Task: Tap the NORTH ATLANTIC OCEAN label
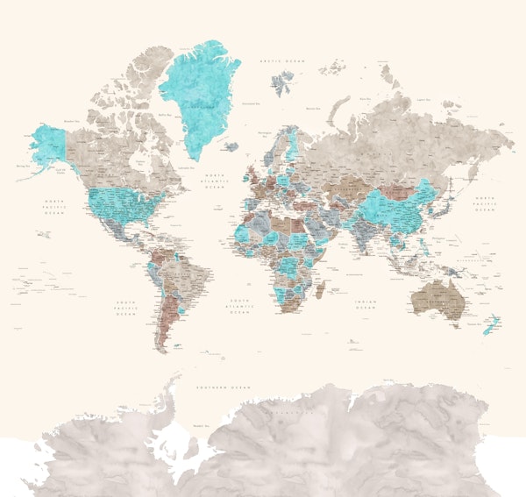click(215, 181)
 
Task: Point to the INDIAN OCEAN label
click(365, 302)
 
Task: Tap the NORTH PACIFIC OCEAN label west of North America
click(56, 207)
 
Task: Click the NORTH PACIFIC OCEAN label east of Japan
click(484, 204)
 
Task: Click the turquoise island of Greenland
click(202, 88)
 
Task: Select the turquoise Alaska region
click(50, 144)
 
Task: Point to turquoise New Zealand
click(490, 323)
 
